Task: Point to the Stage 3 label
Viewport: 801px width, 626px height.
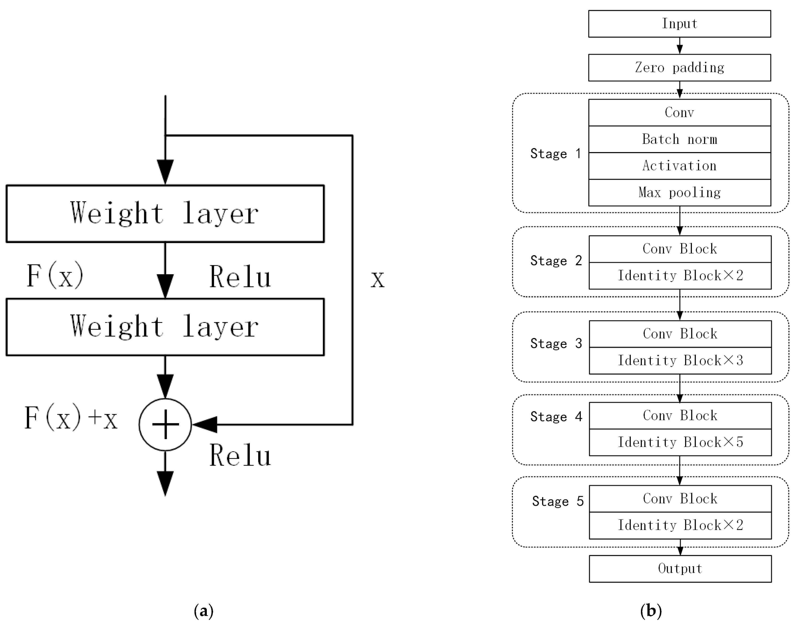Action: coord(556,343)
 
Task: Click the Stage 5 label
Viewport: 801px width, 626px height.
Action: coord(557,501)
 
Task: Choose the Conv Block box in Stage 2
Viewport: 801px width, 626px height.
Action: coord(680,249)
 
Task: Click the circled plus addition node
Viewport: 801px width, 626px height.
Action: coord(165,424)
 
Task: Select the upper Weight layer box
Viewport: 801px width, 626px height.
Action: coord(165,214)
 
